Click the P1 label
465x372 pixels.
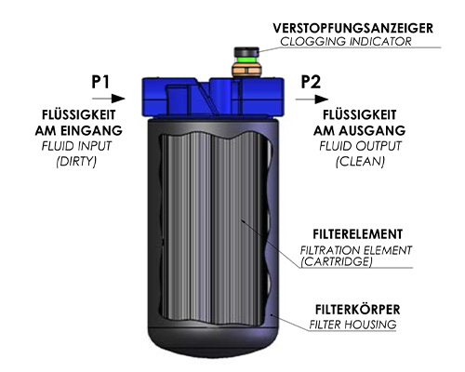[100, 82]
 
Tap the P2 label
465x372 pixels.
[311, 82]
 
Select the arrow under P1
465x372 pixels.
[109, 99]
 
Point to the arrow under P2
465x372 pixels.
[312, 100]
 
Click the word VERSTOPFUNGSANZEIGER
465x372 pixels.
[352, 28]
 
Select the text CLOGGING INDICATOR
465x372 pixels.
[346, 42]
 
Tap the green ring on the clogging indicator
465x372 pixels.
[246, 60]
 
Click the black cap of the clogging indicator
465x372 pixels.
[246, 52]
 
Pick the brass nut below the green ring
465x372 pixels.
[246, 70]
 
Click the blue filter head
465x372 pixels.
[213, 97]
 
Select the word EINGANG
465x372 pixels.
[91, 130]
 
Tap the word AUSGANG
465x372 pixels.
[372, 130]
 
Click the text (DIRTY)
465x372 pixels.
[76, 161]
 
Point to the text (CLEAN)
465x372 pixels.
[360, 161]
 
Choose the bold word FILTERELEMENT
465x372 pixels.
[358, 234]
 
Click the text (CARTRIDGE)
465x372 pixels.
[337, 261]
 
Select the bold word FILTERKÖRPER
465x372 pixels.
[357, 310]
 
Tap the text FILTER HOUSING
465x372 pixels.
[352, 325]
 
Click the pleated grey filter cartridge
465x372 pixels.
[213, 228]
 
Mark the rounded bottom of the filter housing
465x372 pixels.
[213, 342]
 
